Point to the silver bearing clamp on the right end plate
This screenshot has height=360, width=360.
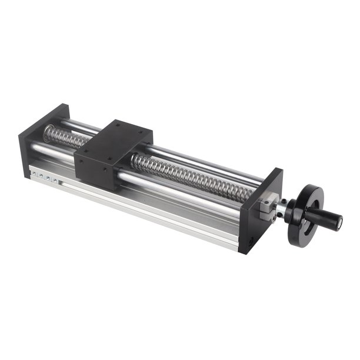268,204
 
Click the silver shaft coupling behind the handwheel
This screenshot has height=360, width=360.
283,209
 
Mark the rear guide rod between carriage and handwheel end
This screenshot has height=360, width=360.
200,160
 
